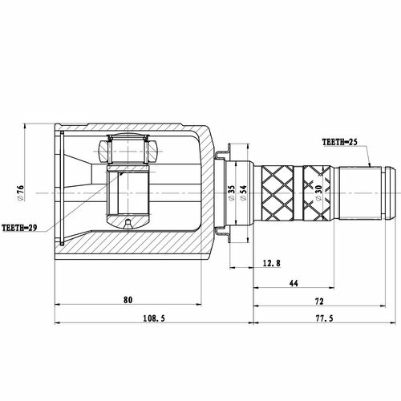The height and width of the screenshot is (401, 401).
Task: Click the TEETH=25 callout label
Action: [339, 142]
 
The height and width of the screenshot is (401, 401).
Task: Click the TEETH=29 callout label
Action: [19, 228]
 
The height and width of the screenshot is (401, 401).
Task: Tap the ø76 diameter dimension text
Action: [20, 193]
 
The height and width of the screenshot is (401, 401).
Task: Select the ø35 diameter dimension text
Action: [232, 193]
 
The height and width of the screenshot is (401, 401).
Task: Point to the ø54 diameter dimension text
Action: [243, 193]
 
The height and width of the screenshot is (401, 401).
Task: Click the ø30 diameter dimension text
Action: [318, 193]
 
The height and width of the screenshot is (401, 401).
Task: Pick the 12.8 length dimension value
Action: [272, 263]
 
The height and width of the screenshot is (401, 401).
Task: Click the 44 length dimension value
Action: [294, 283]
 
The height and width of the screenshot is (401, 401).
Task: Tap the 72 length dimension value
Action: [319, 302]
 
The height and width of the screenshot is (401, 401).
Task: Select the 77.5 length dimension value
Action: [324, 318]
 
